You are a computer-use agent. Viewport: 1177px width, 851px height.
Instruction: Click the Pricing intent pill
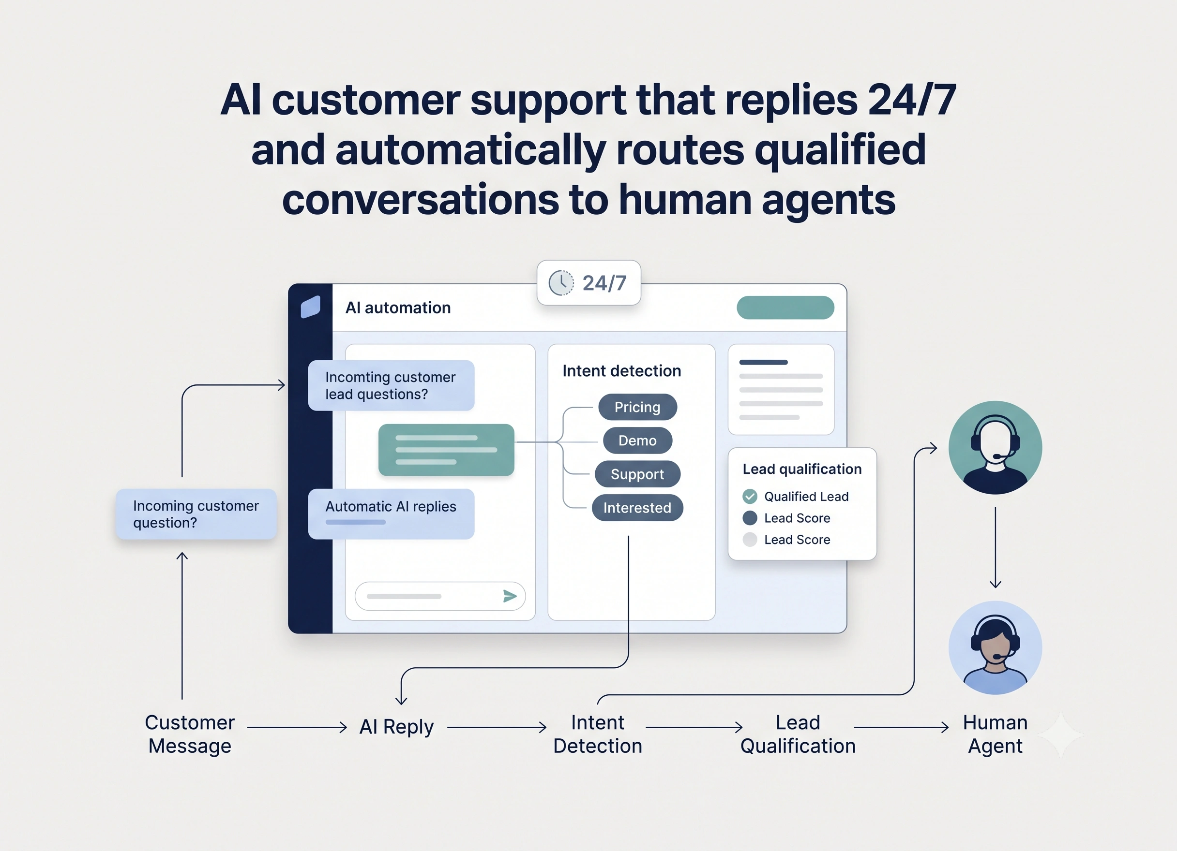coord(637,407)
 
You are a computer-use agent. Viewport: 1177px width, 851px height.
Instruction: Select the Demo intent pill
coord(637,440)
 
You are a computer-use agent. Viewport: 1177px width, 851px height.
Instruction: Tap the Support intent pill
coord(637,474)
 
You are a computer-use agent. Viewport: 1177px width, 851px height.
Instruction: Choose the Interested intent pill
coord(637,508)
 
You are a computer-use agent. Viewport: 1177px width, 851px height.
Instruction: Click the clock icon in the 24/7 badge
coord(561,283)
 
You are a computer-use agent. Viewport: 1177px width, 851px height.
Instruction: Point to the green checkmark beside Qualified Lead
coord(750,496)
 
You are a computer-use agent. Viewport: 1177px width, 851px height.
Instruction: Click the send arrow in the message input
coord(510,596)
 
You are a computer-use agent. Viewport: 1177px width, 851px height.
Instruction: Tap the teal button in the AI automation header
coord(785,308)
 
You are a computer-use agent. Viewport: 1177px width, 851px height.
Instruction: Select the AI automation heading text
coord(398,308)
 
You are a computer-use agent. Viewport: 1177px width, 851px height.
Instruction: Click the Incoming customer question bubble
coord(196,514)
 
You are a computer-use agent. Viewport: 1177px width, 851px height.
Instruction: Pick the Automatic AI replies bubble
coord(392,514)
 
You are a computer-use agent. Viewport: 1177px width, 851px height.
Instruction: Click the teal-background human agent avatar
coord(996,448)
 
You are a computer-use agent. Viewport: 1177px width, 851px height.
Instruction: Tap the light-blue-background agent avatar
coord(996,648)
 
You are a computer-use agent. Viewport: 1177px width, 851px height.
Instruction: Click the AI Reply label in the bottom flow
coord(396,727)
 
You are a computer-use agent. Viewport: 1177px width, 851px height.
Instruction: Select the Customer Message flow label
coord(190,734)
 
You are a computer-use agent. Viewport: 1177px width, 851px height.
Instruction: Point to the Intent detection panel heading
coord(622,371)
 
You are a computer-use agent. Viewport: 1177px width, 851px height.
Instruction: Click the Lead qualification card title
coord(802,469)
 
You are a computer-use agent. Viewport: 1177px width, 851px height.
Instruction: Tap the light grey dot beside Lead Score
coord(750,539)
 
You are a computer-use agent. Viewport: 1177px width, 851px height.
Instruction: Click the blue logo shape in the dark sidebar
coord(310,307)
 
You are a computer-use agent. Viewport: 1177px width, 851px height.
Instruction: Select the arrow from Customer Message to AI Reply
coord(297,728)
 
